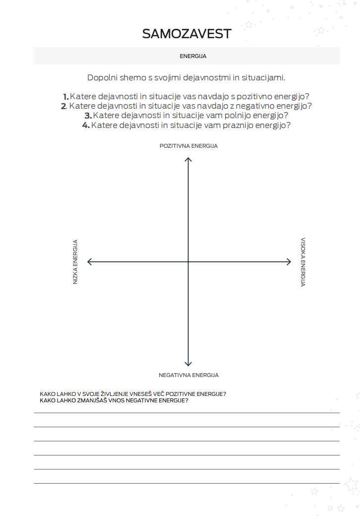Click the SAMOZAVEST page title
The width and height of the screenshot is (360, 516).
point(186,33)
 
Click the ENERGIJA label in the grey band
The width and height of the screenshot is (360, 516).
point(193,56)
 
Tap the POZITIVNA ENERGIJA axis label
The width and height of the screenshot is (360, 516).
point(188,146)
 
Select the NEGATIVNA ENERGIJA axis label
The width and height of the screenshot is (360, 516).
point(188,375)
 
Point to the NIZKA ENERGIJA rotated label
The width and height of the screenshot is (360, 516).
point(75,262)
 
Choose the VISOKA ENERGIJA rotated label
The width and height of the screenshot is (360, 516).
point(302,262)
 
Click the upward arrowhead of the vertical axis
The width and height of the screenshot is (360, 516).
point(188,159)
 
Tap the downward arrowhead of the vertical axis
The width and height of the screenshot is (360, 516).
point(188,364)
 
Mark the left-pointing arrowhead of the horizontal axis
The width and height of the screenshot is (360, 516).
point(89,261)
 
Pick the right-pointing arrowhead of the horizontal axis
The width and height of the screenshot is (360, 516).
point(289,261)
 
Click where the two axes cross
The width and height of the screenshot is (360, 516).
point(188,261)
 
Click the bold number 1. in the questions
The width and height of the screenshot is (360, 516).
point(65,96)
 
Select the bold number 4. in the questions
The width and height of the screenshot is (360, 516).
point(86,125)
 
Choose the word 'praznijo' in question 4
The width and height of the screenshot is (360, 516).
point(236,125)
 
